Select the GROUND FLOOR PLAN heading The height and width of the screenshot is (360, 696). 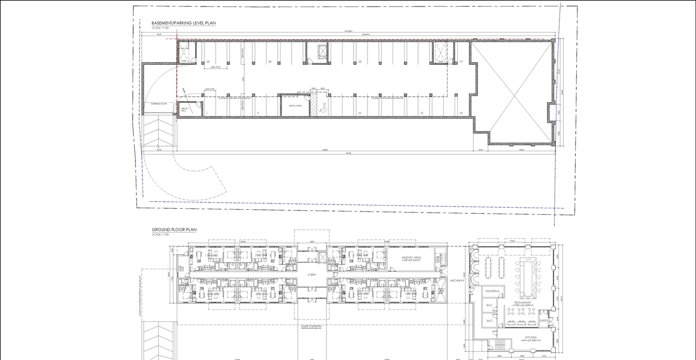(174, 230)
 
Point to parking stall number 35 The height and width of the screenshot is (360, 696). (208, 62)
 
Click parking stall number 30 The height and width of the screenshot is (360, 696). (270, 62)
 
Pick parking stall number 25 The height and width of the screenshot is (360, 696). (360, 62)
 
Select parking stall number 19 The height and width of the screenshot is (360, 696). (461, 62)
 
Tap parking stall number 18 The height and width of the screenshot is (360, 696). (461, 113)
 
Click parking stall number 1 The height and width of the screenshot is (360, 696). (207, 113)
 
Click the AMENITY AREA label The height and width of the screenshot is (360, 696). (411, 258)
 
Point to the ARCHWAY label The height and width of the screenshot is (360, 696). (456, 281)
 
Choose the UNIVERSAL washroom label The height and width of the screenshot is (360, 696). (492, 291)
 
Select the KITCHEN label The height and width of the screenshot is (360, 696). (530, 337)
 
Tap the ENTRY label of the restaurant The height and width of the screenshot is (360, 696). (544, 321)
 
